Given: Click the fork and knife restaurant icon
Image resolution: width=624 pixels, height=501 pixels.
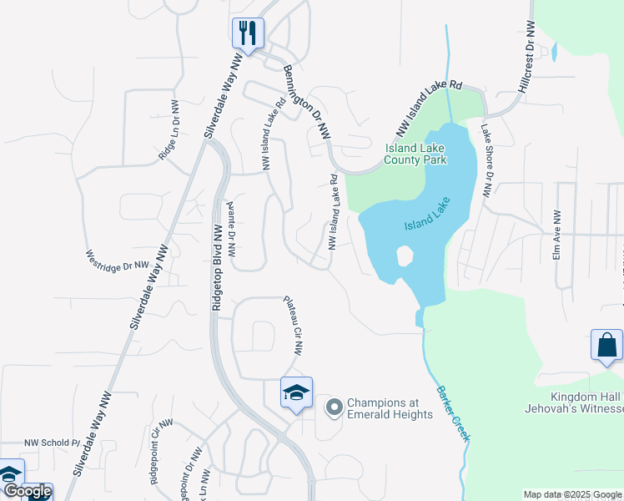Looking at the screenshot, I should (248, 33).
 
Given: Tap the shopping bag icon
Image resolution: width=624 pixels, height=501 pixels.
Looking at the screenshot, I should (606, 346).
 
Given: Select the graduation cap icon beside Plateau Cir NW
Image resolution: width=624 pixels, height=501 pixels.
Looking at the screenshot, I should (296, 394).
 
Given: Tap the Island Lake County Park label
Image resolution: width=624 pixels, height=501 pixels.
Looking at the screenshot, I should (415, 154).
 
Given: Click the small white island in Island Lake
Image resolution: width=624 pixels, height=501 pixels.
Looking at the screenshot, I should (405, 256).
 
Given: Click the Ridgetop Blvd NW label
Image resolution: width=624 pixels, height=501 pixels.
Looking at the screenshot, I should (216, 268).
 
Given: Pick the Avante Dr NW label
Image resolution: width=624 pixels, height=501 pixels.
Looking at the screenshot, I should (231, 229).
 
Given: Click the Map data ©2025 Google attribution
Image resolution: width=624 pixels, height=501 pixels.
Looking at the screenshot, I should (573, 494).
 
